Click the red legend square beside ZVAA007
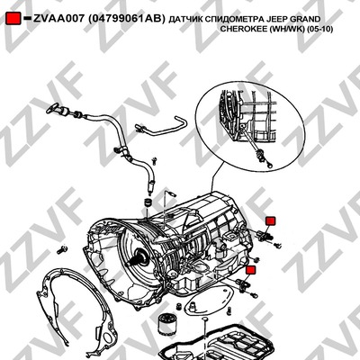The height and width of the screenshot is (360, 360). click(x=13, y=18)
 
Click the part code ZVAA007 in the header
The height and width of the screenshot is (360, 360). click(x=58, y=19)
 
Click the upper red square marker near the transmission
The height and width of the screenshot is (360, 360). click(x=271, y=220)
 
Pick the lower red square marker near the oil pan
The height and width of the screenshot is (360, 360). click(x=250, y=270)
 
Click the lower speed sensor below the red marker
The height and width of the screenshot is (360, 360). click(x=242, y=283)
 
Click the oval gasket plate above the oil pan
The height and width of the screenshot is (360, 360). click(x=210, y=301)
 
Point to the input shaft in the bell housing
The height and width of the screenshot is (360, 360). click(x=139, y=257)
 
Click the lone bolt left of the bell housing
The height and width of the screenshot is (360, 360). click(x=61, y=248)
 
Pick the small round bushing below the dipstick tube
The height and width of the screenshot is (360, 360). click(x=148, y=202)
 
